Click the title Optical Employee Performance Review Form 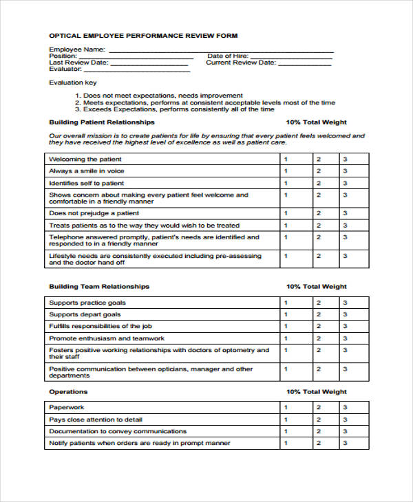[143, 35]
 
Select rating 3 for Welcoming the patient [346, 159]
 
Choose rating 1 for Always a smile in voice [286, 171]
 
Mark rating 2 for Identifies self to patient [318, 184]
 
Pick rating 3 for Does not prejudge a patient [346, 214]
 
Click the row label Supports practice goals [87, 303]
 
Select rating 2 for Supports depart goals [318, 315]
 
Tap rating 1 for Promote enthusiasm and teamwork [286, 339]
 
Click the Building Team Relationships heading [99, 287]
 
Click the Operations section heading [68, 392]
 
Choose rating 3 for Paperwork [346, 407]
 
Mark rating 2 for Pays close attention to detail [318, 419]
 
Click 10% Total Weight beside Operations [317, 392]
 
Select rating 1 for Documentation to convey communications [286, 431]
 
